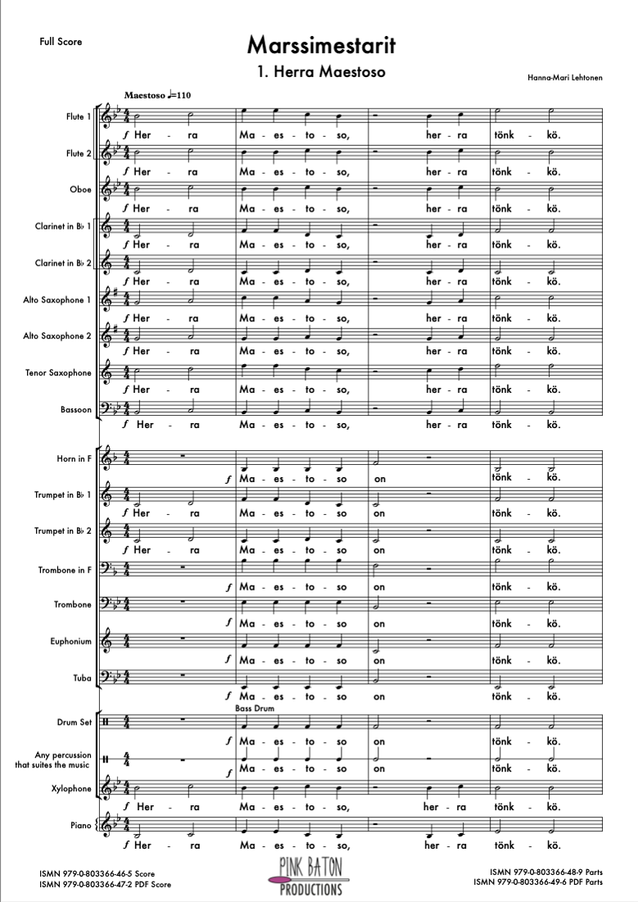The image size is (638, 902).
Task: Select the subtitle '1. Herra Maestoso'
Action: coord(320,71)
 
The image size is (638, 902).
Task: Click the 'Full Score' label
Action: coord(61,42)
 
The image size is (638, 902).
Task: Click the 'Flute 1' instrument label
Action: coord(79,117)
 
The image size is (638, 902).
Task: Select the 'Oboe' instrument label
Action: coord(81,189)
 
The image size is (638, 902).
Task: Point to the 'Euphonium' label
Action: coord(70,642)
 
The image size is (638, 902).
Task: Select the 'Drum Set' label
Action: coord(73,722)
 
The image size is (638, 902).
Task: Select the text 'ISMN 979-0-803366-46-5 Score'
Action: coord(96,875)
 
